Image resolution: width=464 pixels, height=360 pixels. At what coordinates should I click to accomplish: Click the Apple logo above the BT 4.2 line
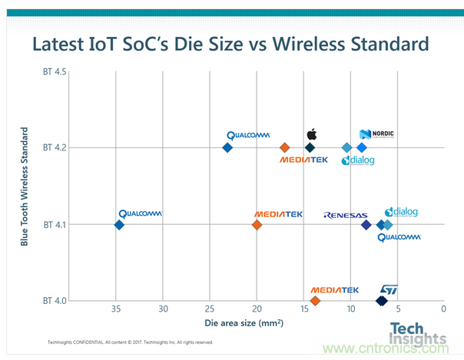click(311, 134)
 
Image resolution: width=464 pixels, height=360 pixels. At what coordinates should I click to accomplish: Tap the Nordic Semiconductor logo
click(376, 134)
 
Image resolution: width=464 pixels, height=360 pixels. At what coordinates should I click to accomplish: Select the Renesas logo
click(346, 216)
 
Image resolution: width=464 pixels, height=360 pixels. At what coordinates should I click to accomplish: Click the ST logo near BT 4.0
click(390, 290)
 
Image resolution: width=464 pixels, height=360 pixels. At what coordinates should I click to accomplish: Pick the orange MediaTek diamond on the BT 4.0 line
click(315, 300)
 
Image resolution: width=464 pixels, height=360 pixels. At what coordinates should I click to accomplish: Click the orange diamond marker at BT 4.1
click(257, 225)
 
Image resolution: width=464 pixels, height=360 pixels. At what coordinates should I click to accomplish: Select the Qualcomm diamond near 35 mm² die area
click(119, 225)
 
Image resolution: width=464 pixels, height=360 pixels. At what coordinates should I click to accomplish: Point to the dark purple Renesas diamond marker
click(366, 225)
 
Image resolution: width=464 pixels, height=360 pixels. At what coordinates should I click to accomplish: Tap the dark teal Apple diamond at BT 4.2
click(310, 147)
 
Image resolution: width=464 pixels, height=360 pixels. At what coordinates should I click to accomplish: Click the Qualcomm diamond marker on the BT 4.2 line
click(227, 147)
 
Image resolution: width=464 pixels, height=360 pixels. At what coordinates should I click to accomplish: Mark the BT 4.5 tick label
click(55, 72)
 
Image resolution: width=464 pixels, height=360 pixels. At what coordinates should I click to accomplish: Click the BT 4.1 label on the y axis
click(55, 225)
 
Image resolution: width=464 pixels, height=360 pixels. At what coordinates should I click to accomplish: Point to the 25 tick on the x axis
click(210, 309)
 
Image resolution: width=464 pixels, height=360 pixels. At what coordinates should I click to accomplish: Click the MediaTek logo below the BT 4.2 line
click(303, 160)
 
